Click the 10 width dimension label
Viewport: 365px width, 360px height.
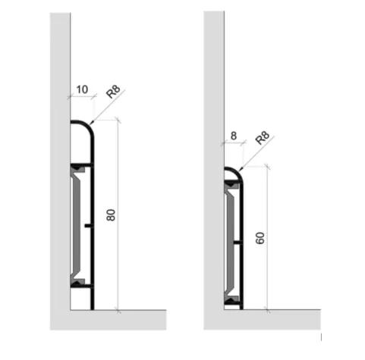(82, 89)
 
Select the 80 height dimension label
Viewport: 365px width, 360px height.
(111, 215)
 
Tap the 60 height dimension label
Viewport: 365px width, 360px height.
(260, 238)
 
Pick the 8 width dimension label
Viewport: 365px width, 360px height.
(234, 136)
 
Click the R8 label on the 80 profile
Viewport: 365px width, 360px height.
(113, 92)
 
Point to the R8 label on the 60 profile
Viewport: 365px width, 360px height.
(263, 138)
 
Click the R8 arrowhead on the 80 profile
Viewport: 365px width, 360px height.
(92, 123)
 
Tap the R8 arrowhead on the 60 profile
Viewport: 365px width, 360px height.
(241, 169)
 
